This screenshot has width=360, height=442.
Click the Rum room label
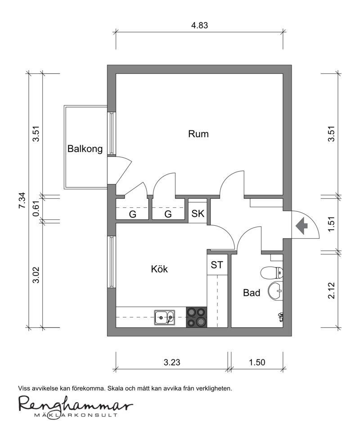(x=198, y=134)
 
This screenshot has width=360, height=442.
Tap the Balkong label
(x=85, y=148)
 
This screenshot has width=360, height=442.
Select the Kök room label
(x=159, y=269)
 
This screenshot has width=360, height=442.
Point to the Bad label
(x=252, y=293)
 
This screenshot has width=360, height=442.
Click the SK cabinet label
(x=198, y=214)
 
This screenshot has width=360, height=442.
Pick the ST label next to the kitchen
(x=217, y=265)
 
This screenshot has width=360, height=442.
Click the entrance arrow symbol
(x=301, y=226)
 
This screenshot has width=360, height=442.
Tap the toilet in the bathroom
(x=272, y=273)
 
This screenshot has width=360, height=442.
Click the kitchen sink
(x=165, y=318)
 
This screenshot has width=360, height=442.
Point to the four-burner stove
(x=196, y=317)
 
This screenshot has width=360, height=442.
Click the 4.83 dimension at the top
(x=199, y=25)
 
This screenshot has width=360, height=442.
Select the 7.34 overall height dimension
(x=22, y=201)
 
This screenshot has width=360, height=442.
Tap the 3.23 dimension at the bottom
(x=172, y=362)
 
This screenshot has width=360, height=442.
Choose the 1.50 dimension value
(x=257, y=362)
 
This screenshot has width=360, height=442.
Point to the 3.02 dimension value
(x=36, y=275)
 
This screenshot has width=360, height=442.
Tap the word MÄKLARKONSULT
(x=75, y=415)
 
